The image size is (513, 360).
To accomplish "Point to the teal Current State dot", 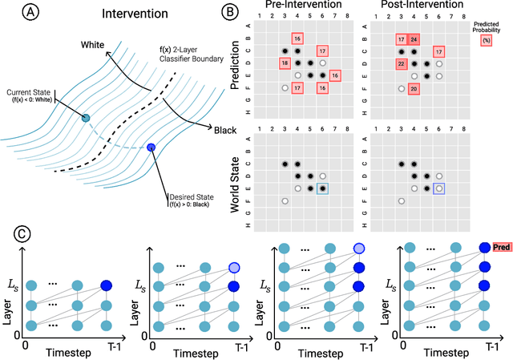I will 87,118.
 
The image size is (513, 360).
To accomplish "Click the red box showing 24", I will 414,38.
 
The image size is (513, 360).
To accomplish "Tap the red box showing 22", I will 402,63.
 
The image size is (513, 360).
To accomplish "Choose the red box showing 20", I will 414,88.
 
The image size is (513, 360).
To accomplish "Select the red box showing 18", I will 285,63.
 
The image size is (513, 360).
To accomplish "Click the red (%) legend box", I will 486,38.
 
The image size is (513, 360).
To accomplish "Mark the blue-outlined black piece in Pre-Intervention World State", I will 322,188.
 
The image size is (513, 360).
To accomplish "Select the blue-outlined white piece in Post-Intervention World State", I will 438,188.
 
